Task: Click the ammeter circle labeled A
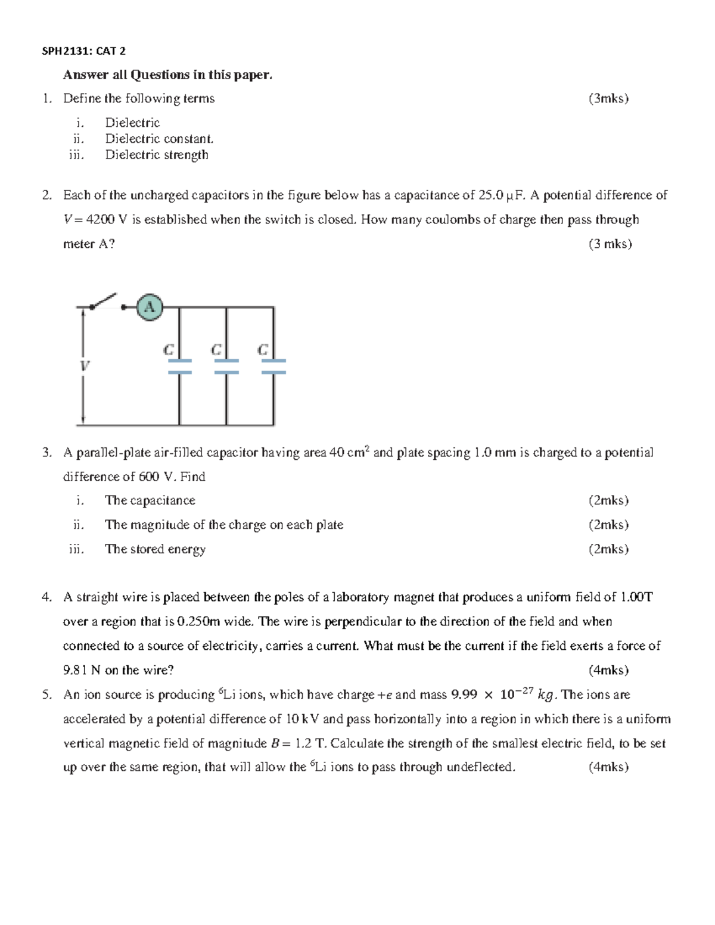coord(149,307)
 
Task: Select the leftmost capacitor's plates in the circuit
coord(179,366)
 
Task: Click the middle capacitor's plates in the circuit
coord(226,366)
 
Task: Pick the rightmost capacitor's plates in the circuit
coord(273,366)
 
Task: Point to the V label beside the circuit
coord(85,365)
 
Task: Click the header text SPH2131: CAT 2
coord(83,51)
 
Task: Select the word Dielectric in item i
coord(132,123)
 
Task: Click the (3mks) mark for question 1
coord(608,99)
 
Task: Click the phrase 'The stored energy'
coord(155,549)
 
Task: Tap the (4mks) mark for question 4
coord(608,671)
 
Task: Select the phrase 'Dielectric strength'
coord(157,155)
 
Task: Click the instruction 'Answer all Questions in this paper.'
coord(168,75)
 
